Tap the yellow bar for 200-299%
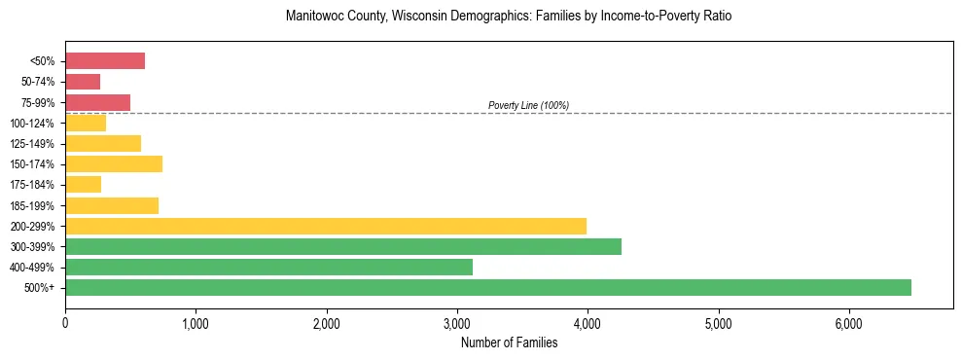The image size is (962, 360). pos(326,226)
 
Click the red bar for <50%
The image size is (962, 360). pos(105,61)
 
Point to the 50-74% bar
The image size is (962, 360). pos(83,82)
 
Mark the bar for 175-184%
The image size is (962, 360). pos(83,184)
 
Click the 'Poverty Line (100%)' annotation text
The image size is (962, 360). pos(528,105)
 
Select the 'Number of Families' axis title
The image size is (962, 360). pos(509,342)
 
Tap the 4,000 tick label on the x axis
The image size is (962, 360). pos(588,323)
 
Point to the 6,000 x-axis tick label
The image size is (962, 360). pos(848,323)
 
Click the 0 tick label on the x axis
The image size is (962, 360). pos(65,323)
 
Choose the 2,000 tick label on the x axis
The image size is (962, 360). pos(327,323)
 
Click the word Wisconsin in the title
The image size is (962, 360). pos(425,17)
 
